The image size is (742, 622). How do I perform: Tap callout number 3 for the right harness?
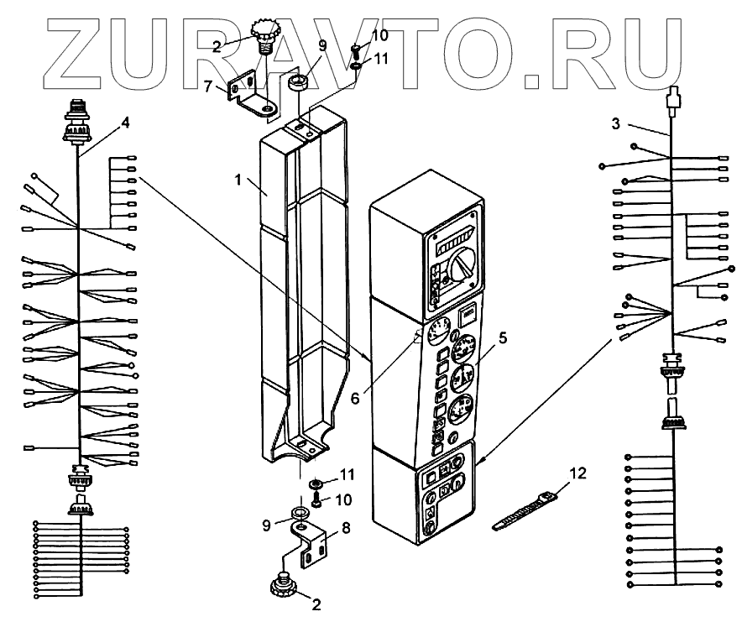coord(615,123)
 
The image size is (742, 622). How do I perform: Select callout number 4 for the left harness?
coord(125,122)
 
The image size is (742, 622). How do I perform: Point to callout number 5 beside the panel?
coord(503,338)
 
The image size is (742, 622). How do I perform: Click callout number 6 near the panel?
coord(356,398)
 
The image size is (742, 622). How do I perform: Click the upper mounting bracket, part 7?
coord(254,93)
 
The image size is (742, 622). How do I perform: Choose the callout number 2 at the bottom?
coord(316,603)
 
